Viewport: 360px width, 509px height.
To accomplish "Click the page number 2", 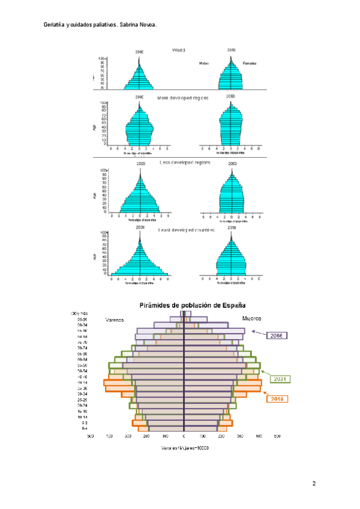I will tap(313, 483).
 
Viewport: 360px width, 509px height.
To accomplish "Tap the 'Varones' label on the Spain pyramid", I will tap(115, 320).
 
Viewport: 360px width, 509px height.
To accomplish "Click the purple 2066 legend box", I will tap(279, 336).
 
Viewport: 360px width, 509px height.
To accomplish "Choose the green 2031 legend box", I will tap(280, 379).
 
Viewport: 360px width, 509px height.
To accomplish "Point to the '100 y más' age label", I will tap(80, 313).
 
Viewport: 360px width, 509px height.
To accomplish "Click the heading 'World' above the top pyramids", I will tap(179, 50).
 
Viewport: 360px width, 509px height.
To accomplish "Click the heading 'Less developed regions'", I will tap(184, 162).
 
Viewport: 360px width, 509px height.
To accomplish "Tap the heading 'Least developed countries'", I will tap(185, 230).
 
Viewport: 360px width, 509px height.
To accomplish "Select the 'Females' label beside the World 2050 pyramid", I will tap(250, 62).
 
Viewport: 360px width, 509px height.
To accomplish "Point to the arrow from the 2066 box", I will tap(259, 332).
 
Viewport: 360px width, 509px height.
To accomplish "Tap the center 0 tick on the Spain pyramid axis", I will tap(184, 437).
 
